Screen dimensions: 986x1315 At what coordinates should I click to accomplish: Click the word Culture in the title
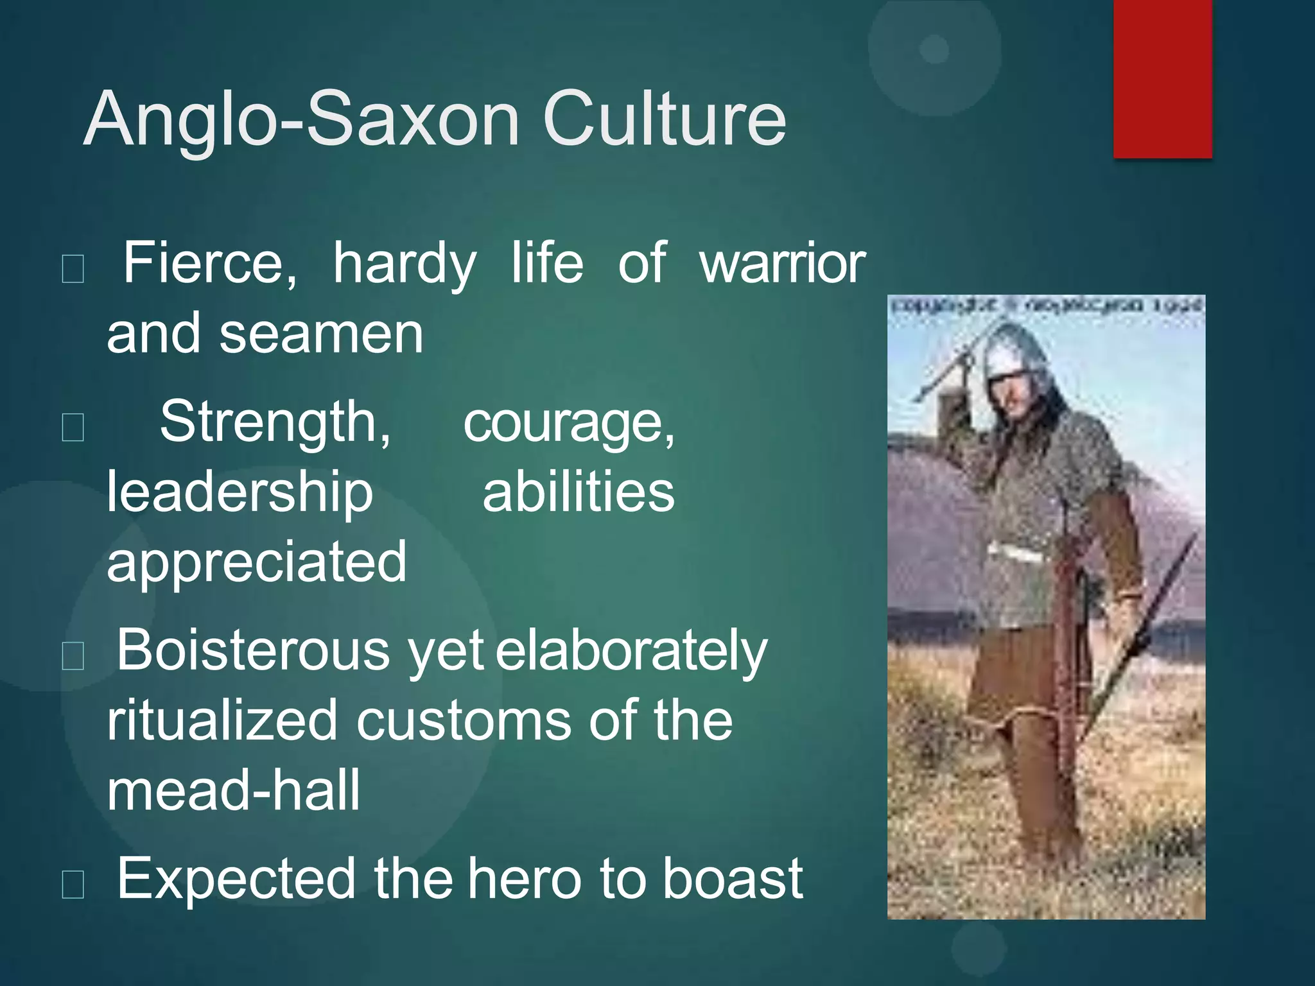(665, 120)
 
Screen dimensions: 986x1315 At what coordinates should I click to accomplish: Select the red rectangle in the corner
(1162, 78)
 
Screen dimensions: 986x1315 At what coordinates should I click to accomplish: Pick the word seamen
(321, 334)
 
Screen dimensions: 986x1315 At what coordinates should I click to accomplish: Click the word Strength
(275, 422)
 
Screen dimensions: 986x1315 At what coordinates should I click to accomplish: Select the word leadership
(239, 493)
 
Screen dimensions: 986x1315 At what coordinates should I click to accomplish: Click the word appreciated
(256, 562)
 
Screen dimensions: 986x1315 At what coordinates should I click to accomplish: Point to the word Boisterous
(252, 651)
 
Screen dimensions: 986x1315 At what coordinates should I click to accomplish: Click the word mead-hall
(233, 791)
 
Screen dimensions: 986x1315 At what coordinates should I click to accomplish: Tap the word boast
(732, 879)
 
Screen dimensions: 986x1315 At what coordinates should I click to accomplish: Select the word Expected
(236, 879)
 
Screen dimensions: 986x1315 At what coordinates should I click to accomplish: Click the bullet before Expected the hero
(73, 885)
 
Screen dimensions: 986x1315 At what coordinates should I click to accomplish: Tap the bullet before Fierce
(73, 268)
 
